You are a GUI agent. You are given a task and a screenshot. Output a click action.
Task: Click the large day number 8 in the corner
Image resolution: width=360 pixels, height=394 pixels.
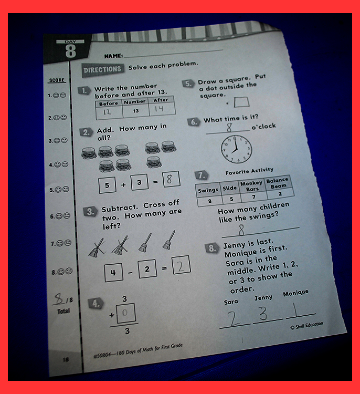(70, 51)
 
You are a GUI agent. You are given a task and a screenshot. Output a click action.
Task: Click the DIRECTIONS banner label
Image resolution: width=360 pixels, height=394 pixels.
(103, 69)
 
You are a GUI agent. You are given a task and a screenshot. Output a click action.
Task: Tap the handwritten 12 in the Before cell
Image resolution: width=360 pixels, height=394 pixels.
(107, 112)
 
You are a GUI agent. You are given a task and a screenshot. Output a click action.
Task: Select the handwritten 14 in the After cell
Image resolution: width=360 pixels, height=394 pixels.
(159, 109)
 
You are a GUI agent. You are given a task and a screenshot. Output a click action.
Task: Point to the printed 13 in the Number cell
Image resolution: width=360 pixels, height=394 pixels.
(136, 111)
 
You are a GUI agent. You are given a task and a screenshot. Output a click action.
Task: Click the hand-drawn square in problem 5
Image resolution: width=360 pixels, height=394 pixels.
(241, 102)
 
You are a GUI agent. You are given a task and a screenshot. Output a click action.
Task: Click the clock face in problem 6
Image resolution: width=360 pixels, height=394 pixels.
(236, 150)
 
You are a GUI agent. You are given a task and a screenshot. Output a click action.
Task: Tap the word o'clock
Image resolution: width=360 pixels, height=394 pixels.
(263, 126)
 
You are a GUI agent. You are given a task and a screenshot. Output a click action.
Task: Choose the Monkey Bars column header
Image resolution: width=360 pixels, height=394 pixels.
(251, 186)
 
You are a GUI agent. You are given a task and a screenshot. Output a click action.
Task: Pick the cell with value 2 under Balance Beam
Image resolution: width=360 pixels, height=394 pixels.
(280, 193)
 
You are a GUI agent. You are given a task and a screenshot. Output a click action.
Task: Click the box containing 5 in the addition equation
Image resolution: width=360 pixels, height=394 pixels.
(107, 185)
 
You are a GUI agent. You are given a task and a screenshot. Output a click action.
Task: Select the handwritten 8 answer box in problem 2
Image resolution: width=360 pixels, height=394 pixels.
(171, 179)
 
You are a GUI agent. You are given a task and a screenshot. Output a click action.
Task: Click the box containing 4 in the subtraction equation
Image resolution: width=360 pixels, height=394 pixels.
(113, 272)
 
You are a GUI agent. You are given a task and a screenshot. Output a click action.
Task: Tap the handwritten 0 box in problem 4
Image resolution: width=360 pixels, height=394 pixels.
(126, 313)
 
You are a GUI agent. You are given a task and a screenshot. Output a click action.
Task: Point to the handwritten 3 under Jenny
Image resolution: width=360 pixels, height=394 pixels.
(263, 313)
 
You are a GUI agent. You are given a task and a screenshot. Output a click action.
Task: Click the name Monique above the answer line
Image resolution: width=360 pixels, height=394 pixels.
(296, 293)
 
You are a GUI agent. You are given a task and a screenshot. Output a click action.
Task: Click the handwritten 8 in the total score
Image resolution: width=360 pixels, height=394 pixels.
(59, 298)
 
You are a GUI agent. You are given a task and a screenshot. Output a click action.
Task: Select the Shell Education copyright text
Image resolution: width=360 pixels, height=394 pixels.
(306, 326)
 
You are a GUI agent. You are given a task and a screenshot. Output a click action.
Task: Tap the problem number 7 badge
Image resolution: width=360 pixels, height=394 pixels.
(202, 175)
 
